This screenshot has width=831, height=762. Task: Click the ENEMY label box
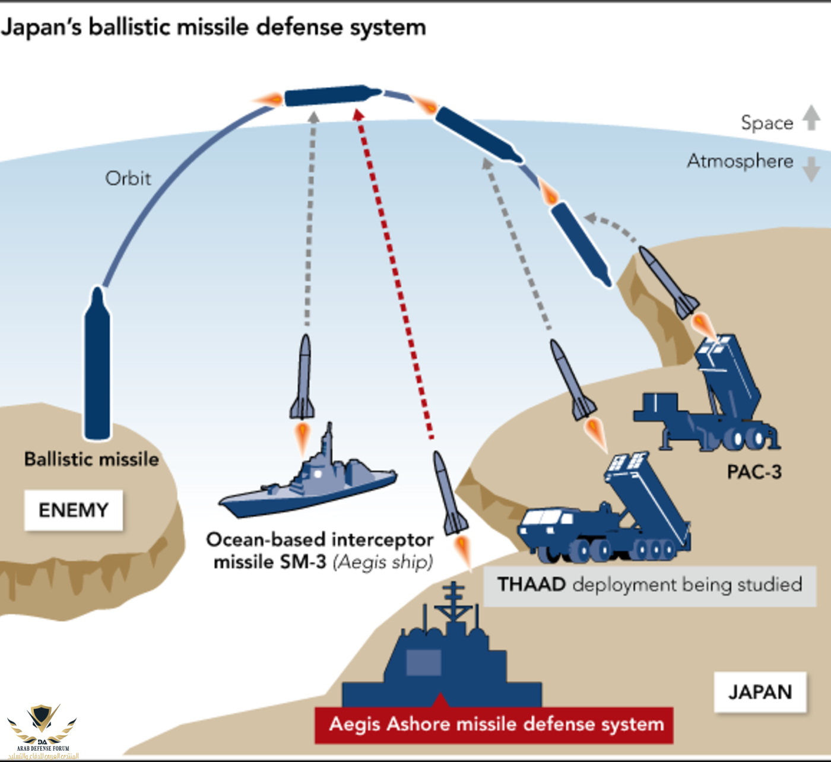coord(73,510)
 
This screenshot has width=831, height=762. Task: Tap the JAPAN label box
coord(760,692)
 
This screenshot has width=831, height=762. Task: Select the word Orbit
coord(128,178)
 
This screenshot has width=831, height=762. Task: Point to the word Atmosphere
coord(740,161)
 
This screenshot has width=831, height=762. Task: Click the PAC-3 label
coord(754,472)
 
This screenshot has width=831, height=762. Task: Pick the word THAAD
coord(531,585)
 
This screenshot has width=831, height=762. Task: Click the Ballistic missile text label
coord(91,459)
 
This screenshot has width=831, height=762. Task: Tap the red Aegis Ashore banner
coord(494,725)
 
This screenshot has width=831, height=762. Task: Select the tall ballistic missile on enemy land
coord(97,363)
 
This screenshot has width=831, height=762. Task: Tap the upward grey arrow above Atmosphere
coord(811,117)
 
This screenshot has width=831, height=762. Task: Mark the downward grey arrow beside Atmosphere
coord(811,169)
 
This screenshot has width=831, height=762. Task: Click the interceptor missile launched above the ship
coord(303,380)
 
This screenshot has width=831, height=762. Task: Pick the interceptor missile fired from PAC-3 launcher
coord(668,282)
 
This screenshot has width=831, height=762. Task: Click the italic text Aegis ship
coord(383,561)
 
